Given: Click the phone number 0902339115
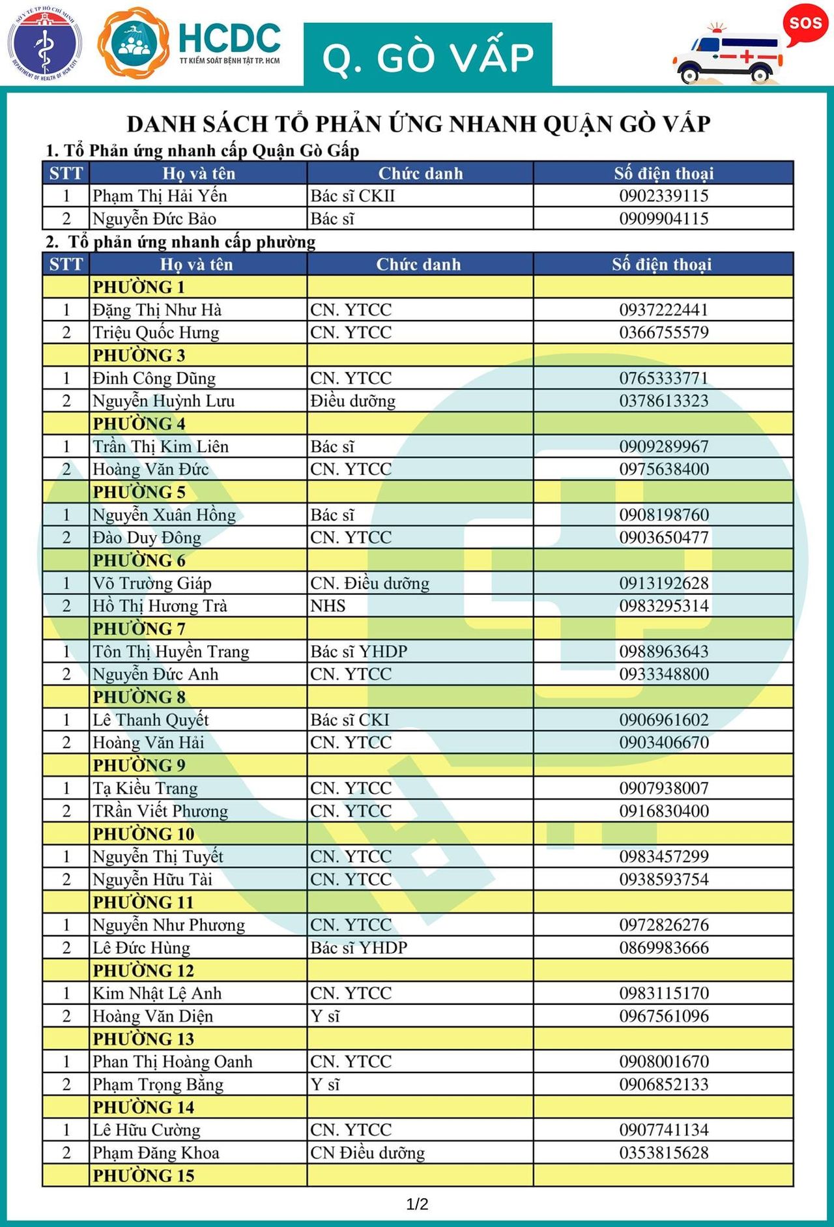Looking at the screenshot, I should click(x=663, y=195).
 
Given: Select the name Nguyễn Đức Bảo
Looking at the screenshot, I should click(x=154, y=218).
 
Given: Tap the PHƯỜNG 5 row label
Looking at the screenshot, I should click(x=139, y=492).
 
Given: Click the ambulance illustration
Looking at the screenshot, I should click(x=727, y=55).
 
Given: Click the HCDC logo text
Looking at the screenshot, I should click(x=229, y=39).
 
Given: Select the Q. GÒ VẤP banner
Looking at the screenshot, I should click(x=427, y=56).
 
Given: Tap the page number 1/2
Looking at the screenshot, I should click(x=417, y=1204).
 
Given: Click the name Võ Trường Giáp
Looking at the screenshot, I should click(x=152, y=583).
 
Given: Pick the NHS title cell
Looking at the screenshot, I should click(x=328, y=606).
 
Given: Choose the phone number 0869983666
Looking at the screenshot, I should click(x=663, y=947).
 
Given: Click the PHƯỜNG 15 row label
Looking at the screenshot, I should click(x=143, y=1176).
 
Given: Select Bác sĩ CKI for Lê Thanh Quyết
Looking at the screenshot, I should click(x=350, y=719).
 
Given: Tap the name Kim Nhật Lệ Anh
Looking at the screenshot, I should click(x=157, y=993).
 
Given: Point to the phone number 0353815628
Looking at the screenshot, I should click(x=663, y=1152).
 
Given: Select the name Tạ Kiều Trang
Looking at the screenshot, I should click(x=145, y=788).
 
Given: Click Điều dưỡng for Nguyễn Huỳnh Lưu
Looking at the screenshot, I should click(x=352, y=401).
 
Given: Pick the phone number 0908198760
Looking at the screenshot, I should click(x=663, y=515).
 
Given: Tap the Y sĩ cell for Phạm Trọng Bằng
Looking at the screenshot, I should click(x=325, y=1084).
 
